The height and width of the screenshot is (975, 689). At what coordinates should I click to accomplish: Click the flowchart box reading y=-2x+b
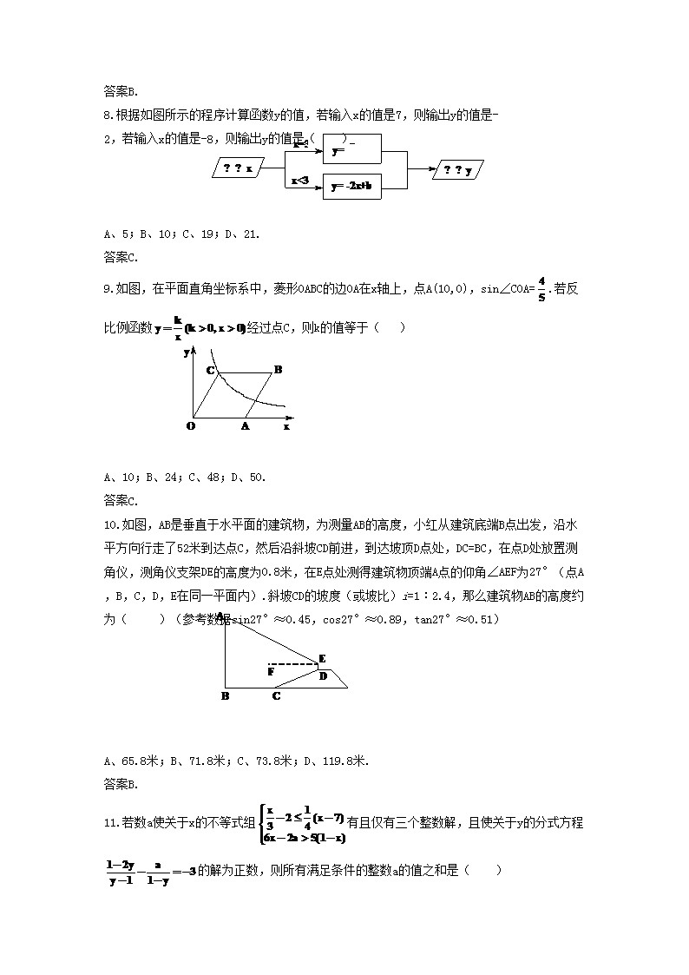point(351,186)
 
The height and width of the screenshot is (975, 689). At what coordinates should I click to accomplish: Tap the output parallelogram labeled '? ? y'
point(458,170)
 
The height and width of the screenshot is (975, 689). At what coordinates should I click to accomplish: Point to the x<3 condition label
point(299,181)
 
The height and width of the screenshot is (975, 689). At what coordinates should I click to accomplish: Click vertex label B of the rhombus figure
point(278,370)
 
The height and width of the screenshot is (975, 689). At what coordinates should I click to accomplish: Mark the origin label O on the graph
point(191,426)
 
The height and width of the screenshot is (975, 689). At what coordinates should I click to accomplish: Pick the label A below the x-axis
point(245,426)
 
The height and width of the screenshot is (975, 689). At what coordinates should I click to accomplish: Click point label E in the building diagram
point(322,658)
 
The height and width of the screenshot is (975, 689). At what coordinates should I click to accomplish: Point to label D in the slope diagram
point(323,675)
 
